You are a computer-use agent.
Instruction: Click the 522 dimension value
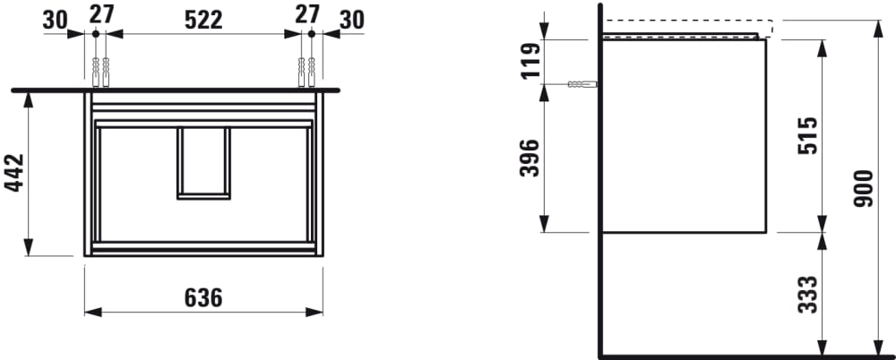tap(202, 20)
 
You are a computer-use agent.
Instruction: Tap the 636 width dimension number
tap(202, 297)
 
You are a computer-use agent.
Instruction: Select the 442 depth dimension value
tap(14, 173)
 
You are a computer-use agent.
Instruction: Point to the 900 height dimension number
tap(862, 188)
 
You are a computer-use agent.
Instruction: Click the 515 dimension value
tap(807, 136)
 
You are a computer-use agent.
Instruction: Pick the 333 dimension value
tap(807, 295)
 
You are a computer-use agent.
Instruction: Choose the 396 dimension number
tap(530, 158)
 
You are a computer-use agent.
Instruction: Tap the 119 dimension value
tap(530, 61)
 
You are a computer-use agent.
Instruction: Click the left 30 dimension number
tap(55, 20)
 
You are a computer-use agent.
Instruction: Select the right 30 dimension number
tap(351, 20)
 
